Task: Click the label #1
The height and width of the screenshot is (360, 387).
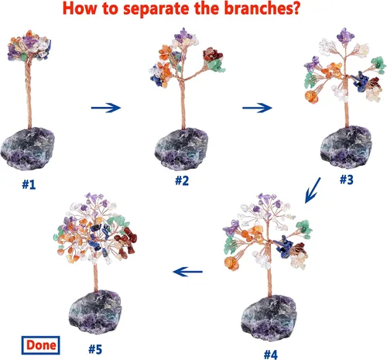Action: coord(29,184)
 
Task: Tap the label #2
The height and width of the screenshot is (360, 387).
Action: coord(182,180)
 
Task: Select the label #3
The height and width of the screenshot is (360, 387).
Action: coord(346,180)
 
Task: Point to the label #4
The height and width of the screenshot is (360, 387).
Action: coord(271,355)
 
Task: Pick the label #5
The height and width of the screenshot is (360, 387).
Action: coord(95,349)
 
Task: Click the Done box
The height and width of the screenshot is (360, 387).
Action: coord(40,345)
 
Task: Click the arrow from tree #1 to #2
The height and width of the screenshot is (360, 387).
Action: coord(106,108)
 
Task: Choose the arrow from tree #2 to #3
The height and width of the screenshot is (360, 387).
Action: coord(257,108)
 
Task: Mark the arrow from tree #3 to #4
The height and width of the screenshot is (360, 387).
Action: coord(313,190)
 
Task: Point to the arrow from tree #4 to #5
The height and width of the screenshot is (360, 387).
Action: coord(188,272)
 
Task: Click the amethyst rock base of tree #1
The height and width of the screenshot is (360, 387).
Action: coord(28,148)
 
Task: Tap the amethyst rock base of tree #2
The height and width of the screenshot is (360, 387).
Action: coord(181,149)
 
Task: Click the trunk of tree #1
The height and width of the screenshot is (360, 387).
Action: coord(29,93)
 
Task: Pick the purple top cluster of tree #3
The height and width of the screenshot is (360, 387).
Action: coord(345,36)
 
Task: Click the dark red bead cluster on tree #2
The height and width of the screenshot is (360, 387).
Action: coord(212,54)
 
